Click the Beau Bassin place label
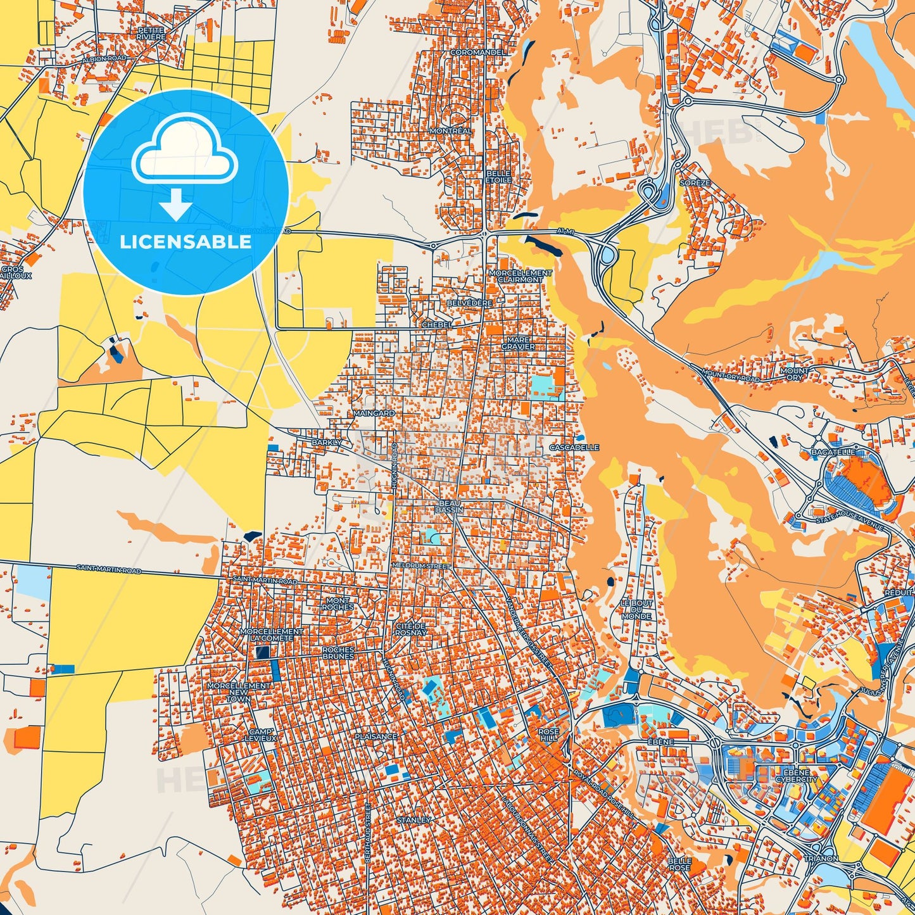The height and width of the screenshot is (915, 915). [x=450, y=506]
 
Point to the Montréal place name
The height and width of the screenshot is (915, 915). [x=450, y=131]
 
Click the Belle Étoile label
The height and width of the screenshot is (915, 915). [x=498, y=177]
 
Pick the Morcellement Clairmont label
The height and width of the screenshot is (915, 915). [x=520, y=276]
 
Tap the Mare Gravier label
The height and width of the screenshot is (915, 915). [x=518, y=343]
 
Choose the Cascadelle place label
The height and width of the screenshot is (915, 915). [x=574, y=447]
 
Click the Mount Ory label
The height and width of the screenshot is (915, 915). [x=794, y=374]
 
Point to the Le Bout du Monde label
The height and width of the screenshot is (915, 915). [x=636, y=610]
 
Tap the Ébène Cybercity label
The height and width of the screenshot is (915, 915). [x=800, y=776]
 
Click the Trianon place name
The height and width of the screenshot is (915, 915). [x=821, y=859]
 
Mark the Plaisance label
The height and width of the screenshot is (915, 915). [x=376, y=736]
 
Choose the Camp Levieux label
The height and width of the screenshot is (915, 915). [x=262, y=735]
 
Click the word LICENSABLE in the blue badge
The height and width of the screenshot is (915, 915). [x=186, y=242]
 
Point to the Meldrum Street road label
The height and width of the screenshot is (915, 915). [x=421, y=565]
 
